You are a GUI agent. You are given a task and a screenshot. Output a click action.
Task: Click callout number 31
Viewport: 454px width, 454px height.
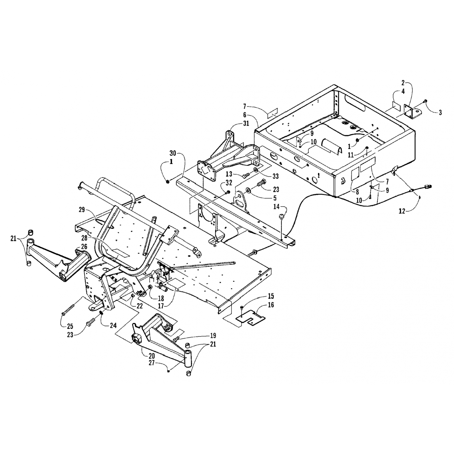coord(246,123)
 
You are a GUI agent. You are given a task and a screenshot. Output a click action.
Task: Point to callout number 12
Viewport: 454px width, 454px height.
coord(402,211)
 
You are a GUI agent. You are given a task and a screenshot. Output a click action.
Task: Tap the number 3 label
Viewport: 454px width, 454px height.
coord(440,113)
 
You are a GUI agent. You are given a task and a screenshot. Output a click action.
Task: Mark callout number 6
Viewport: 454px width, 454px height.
coord(244,115)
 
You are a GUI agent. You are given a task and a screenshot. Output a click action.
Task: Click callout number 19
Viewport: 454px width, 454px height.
coord(213,335)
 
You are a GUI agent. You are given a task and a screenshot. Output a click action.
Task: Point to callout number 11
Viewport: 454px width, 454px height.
coord(351,155)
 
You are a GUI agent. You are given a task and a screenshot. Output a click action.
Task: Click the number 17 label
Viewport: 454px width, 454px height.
coord(161,306)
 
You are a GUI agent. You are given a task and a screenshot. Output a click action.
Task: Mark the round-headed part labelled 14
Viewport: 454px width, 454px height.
coord(281,216)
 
